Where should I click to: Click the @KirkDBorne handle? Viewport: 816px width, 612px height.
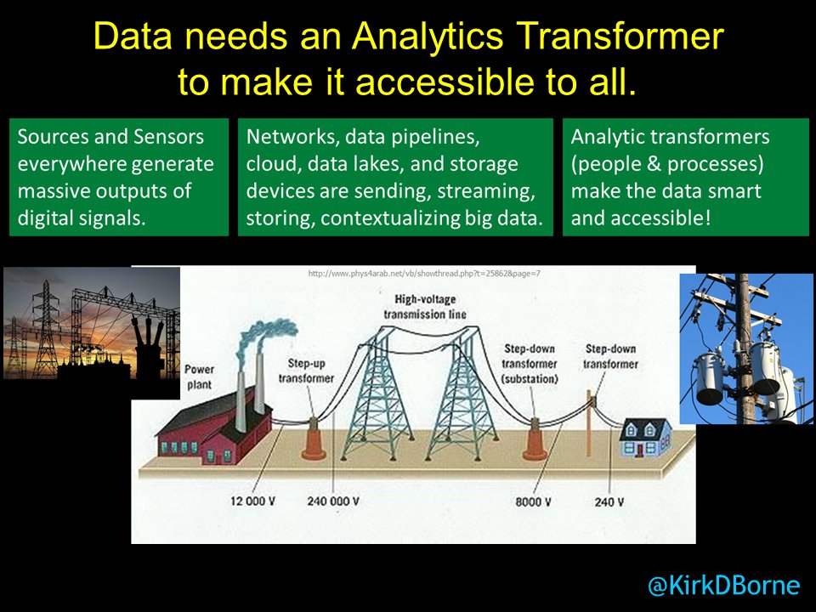click(x=723, y=585)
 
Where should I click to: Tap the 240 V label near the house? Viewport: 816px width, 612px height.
click(x=609, y=501)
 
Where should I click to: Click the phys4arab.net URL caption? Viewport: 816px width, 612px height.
click(x=424, y=274)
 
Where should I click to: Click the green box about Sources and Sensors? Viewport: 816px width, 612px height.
click(x=119, y=177)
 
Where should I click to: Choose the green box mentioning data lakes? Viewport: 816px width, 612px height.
click(x=395, y=177)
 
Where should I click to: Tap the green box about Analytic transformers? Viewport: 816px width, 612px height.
click(x=685, y=177)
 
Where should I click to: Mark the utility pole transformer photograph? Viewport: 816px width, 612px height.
click(x=746, y=348)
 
